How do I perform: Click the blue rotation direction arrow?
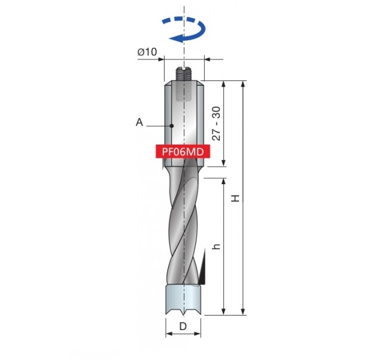(x=198, y=35)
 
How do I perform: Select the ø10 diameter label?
(x=147, y=52)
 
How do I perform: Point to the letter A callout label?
(x=139, y=122)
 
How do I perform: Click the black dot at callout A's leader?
(x=172, y=126)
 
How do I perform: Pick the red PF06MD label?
(x=183, y=151)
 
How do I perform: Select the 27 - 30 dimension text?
(x=216, y=124)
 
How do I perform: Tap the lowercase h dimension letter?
(x=216, y=247)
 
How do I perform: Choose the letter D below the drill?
(x=183, y=326)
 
